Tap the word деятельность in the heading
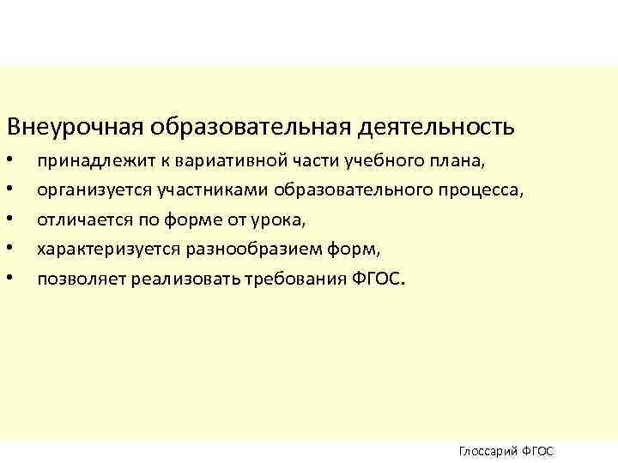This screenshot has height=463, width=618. [x=446, y=128]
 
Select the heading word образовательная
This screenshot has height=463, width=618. [x=249, y=128]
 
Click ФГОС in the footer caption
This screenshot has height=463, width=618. [x=538, y=451]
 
